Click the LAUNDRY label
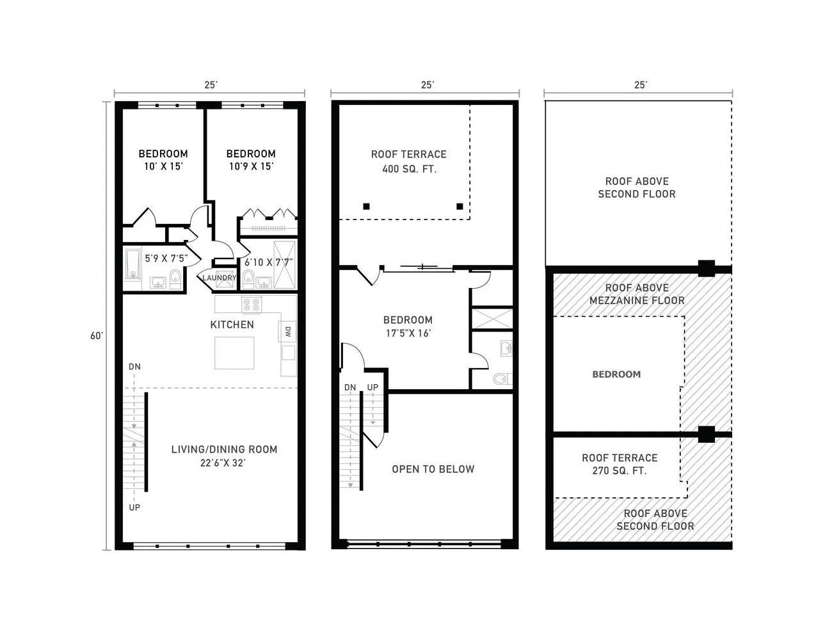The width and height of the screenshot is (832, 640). pyautogui.click(x=219, y=278)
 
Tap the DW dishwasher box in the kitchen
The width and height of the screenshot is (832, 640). pyautogui.click(x=288, y=332)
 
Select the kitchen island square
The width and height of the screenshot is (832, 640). pyautogui.click(x=234, y=353)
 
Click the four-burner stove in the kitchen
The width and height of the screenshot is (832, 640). pyautogui.click(x=251, y=304)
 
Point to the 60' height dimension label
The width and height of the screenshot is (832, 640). pyautogui.click(x=97, y=335)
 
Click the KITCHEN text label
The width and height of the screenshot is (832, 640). pyautogui.click(x=232, y=324)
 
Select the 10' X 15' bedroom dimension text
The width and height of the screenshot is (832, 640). pyautogui.click(x=163, y=166)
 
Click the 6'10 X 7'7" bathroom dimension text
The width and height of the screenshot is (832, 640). pyautogui.click(x=269, y=262)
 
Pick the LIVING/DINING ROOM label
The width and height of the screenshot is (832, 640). pyautogui.click(x=224, y=449)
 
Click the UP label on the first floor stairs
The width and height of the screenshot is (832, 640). pyautogui.click(x=134, y=507)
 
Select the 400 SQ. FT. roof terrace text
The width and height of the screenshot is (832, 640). pyautogui.click(x=409, y=169)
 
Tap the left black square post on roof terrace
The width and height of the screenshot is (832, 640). pyautogui.click(x=366, y=206)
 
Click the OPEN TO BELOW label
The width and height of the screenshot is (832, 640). pyautogui.click(x=433, y=469)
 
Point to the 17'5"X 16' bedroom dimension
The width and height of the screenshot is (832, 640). pyautogui.click(x=408, y=333)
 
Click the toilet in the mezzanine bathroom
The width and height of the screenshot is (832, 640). pyautogui.click(x=501, y=379)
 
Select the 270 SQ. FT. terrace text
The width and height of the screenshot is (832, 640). pyautogui.click(x=619, y=470)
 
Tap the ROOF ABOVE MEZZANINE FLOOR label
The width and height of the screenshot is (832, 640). pyautogui.click(x=637, y=294)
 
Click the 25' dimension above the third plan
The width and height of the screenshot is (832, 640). pyautogui.click(x=641, y=84)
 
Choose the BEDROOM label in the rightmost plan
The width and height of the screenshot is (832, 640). pyautogui.click(x=616, y=374)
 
